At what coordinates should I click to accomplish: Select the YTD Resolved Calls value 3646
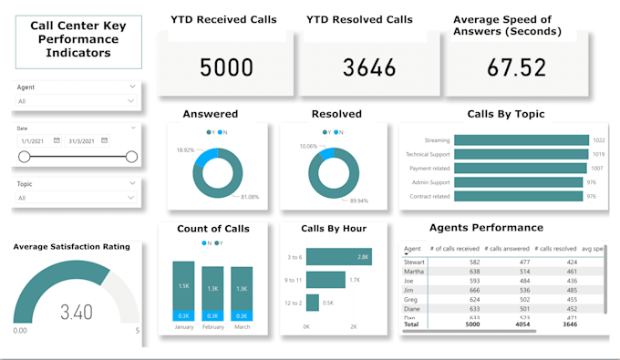click(369, 67)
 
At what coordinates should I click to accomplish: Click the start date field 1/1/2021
click(36, 140)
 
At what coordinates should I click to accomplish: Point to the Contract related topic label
click(428, 196)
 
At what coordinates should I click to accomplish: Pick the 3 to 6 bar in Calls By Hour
click(337, 258)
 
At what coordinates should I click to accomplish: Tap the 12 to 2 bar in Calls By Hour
click(312, 303)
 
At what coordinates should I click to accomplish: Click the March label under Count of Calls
click(242, 326)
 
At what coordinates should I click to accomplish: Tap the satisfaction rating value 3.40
click(76, 313)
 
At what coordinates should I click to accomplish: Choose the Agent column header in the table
click(412, 248)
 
